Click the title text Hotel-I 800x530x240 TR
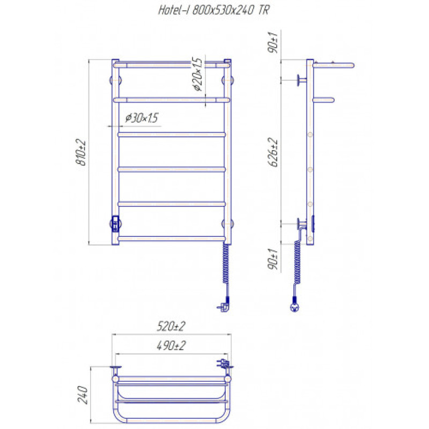214,10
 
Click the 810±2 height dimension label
81,152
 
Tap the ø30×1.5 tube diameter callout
142,118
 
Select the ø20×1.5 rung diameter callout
197,74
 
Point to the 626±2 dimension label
273,152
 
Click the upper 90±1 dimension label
273,42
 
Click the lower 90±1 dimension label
273,260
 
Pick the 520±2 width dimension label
171,326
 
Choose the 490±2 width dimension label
171,345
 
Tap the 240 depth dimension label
83,395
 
